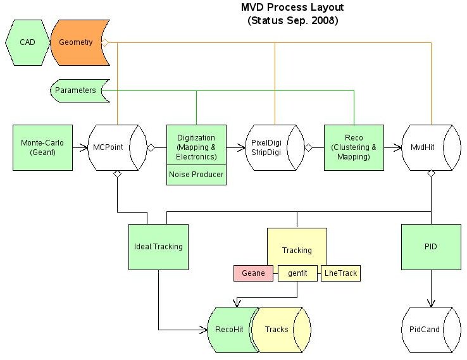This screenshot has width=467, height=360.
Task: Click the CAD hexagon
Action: pyautogui.click(x=27, y=42)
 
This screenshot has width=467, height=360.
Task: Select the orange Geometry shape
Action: pyautogui.click(x=76, y=42)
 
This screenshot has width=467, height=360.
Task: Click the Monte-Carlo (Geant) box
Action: pyautogui.click(x=42, y=147)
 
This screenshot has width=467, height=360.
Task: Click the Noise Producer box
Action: pyautogui.click(x=196, y=175)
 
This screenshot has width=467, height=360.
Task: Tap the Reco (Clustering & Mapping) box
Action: pyautogui.click(x=354, y=147)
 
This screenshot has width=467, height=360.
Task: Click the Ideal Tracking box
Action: pyautogui.click(x=158, y=247)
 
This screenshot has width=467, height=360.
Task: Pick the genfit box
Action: pyautogui.click(x=297, y=273)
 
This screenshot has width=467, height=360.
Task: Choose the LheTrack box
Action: pyautogui.click(x=340, y=273)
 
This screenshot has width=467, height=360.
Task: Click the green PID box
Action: pyautogui.click(x=432, y=247)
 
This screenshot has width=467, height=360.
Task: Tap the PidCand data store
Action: pyautogui.click(x=431, y=330)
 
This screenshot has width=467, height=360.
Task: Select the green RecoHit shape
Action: pyautogui.click(x=228, y=330)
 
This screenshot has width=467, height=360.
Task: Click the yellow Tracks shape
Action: pyautogui.click(x=277, y=330)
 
